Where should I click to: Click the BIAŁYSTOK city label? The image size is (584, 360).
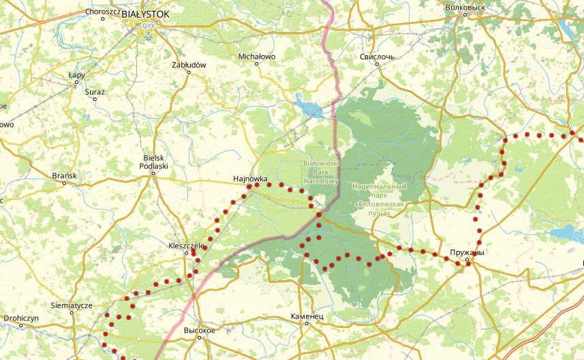point(147,13)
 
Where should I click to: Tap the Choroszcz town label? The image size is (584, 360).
point(102,12)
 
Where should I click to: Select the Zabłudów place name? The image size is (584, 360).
point(189,64)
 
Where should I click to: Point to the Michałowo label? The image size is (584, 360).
point(257,57)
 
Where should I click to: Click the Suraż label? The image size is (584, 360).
point(95,91)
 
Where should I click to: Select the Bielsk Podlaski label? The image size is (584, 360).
point(153,161)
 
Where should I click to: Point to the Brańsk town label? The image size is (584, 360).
point(65,176)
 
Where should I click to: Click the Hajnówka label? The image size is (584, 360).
point(249,179)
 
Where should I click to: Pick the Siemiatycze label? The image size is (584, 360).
point(72,306)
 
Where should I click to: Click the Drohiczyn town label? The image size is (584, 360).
point(20,318)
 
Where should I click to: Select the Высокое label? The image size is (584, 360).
point(200,330)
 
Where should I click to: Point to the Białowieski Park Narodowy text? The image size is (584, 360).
point(321,172)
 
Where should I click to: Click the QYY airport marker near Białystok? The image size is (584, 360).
point(147,27)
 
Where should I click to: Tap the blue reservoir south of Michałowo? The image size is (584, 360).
point(308,106)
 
